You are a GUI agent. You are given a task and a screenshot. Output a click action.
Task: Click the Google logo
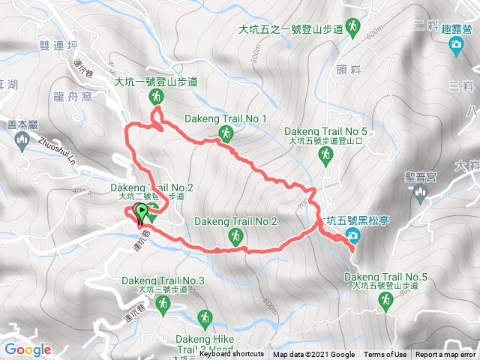(28, 349)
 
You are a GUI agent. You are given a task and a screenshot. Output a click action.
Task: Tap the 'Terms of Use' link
(385, 355)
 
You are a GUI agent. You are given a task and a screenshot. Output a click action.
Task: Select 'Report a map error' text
(446, 355)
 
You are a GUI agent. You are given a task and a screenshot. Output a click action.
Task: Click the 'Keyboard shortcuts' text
(232, 355)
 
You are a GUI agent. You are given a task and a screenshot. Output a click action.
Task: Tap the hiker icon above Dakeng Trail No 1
(225, 133)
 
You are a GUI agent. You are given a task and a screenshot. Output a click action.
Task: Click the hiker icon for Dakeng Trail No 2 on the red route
(235, 237)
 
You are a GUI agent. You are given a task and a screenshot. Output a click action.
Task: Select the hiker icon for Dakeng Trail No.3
(165, 303)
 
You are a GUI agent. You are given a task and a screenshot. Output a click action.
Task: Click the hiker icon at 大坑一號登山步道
(156, 96)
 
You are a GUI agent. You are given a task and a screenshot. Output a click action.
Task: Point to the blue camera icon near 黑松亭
(352, 236)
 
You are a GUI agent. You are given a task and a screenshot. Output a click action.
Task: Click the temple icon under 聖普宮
(419, 195)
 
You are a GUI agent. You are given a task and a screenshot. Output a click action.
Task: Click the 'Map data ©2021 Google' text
(313, 355)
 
